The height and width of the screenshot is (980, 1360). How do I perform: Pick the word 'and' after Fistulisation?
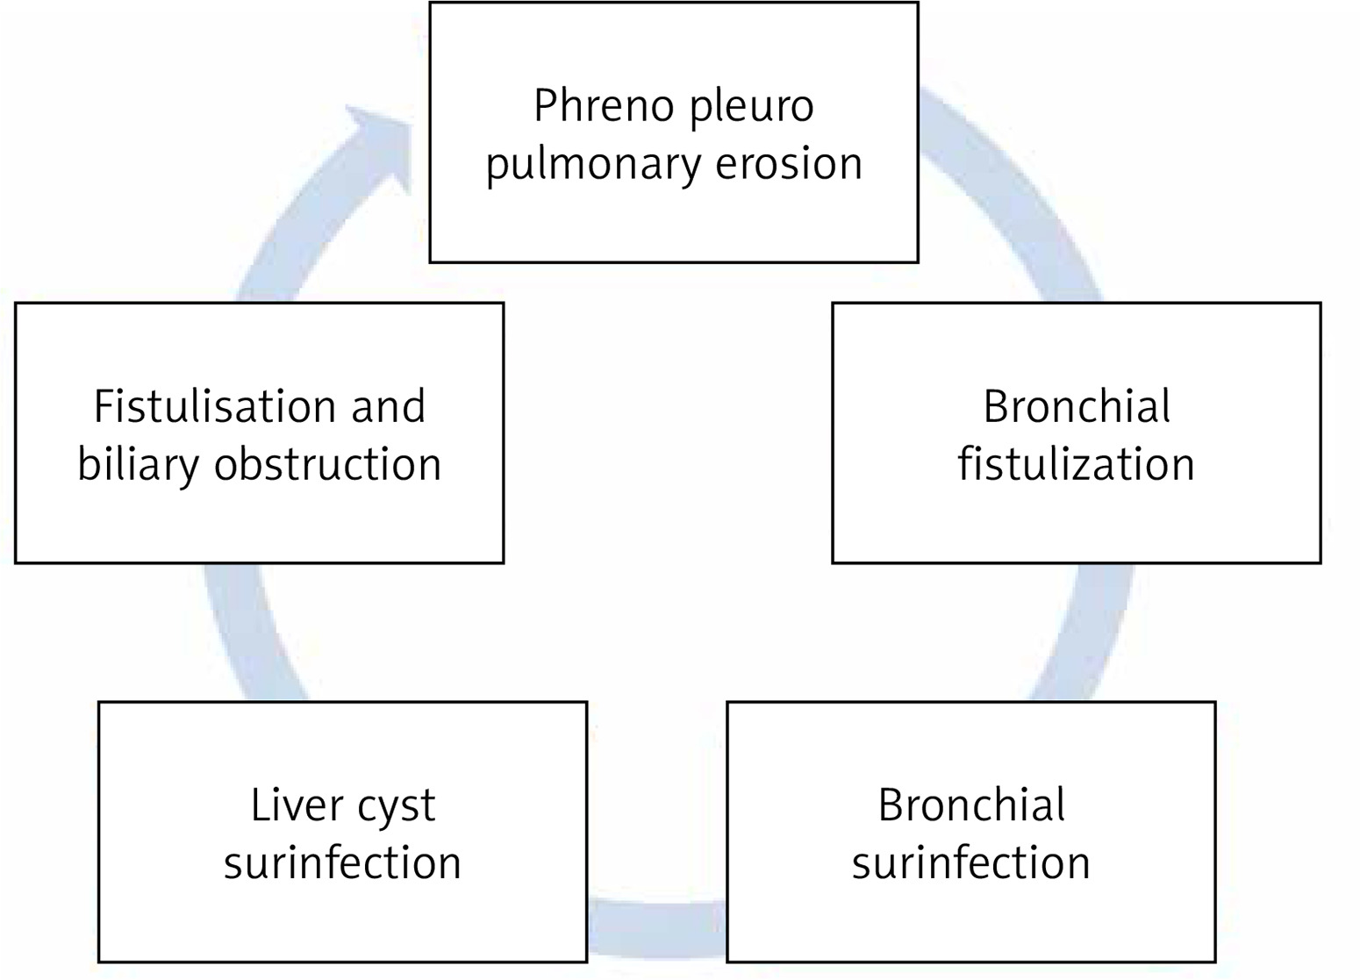[389, 407]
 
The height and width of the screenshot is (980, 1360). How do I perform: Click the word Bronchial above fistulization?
[1077, 407]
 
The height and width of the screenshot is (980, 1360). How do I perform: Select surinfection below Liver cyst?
[342, 862]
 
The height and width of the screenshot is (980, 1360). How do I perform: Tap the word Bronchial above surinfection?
[971, 805]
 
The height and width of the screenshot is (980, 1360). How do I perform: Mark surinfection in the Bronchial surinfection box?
[970, 862]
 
